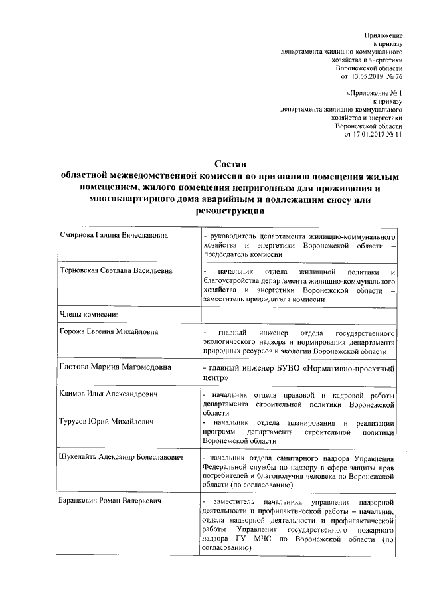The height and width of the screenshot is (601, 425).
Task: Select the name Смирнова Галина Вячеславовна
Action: pyautogui.click(x=113, y=236)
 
